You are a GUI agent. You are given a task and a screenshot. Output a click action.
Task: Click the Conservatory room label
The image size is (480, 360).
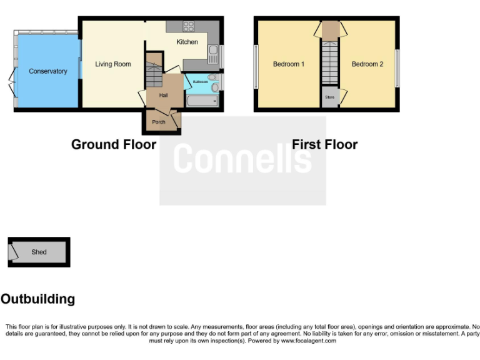click(48, 71)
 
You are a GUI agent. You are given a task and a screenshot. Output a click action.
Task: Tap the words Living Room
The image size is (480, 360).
click(113, 64)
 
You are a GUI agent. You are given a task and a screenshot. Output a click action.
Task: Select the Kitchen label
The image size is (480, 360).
click(187, 42)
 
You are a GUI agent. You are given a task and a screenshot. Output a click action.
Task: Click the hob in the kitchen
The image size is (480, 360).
click(188, 26)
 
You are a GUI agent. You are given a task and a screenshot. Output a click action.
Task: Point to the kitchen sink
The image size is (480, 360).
click(212, 55)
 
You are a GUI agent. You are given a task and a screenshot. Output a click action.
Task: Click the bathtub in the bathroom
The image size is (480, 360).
click(202, 100)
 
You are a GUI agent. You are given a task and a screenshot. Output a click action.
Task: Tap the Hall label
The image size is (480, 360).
click(164, 95)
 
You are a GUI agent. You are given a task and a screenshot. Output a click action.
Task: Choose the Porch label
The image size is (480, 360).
click(159, 122)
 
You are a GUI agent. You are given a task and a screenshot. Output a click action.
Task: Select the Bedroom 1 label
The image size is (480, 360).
click(289, 64)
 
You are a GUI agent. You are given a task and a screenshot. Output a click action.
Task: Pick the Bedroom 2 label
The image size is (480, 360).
click(367, 64)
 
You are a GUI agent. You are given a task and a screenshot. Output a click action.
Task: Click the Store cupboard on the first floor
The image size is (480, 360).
click(329, 97)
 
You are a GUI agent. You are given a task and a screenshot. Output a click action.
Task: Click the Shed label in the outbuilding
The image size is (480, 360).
click(39, 252)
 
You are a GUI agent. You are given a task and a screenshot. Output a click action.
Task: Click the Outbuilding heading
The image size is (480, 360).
click(37, 299)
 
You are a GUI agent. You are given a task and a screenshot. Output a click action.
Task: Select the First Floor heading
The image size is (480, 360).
click(324, 144)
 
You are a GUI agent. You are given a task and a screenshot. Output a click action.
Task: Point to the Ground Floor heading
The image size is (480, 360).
click(114, 144)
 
